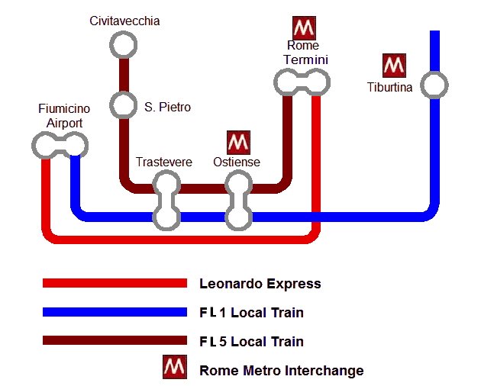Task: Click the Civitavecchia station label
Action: [124, 21]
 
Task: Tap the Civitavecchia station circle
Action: [123, 46]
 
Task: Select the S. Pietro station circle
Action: [123, 104]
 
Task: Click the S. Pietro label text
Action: [167, 108]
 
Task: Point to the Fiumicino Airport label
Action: [60, 117]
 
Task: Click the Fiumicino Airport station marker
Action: [60, 144]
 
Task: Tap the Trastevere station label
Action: [164, 162]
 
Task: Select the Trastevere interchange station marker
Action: [166, 200]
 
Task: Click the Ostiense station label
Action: [237, 162]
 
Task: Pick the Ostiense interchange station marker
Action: [238, 200]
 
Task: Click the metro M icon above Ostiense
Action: [239, 143]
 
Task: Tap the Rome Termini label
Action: [303, 53]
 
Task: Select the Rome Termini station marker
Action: [302, 81]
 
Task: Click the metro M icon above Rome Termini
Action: [305, 28]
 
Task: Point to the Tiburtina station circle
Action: [434, 85]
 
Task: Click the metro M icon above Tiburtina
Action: [394, 66]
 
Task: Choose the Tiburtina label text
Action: [389, 88]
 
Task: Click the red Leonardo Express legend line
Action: [115, 284]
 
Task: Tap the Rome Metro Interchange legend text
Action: [281, 372]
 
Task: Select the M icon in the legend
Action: [175, 368]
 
